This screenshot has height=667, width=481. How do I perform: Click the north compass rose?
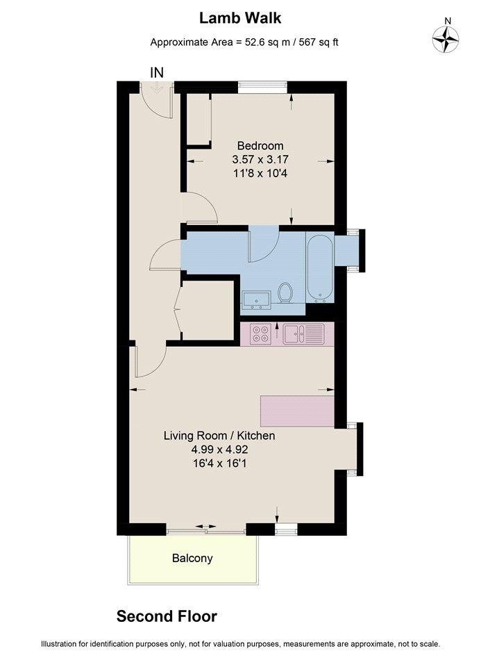point(446,39)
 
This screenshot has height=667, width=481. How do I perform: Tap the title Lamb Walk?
point(240,18)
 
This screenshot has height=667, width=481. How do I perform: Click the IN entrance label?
point(157,73)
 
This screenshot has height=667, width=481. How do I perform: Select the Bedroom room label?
point(260,146)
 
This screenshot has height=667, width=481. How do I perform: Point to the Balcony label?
point(192,558)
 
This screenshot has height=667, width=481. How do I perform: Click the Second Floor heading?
point(167,616)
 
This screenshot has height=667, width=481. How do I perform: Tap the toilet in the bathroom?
point(285,293)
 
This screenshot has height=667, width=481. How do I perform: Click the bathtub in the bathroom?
point(320,268)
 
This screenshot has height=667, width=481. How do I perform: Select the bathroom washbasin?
point(256,299)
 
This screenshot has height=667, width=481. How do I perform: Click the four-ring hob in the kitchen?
point(261,333)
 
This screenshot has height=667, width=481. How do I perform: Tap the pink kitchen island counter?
point(297,411)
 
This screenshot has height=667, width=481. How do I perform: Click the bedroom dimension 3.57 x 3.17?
point(260,160)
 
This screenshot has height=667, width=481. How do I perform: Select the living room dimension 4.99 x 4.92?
point(219,450)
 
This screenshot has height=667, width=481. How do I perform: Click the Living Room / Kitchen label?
point(219,436)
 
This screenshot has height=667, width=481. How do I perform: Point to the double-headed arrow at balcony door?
point(206,527)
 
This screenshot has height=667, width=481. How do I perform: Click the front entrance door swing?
point(156,101)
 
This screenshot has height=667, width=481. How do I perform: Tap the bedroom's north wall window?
point(262,87)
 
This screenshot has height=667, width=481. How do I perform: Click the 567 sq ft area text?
point(319,42)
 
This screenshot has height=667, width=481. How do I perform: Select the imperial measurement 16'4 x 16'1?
point(219,463)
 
